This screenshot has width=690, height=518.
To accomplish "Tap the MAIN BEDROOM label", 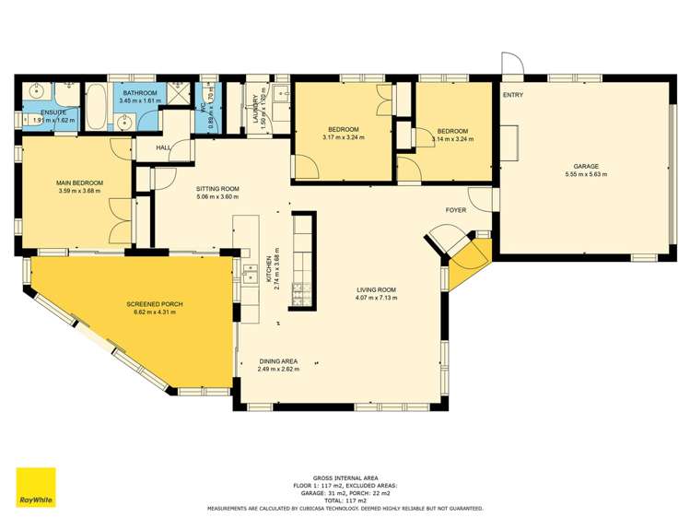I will point(78,183).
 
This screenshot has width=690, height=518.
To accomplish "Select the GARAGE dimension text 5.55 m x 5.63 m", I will point(586,173).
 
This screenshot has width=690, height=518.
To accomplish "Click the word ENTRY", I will point(513,95).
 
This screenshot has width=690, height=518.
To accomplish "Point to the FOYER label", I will point(455,210).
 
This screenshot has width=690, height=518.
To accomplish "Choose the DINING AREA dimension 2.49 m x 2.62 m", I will point(278,369).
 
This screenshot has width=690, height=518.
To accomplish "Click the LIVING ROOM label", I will point(378,289).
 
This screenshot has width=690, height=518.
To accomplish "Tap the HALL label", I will point(163,147).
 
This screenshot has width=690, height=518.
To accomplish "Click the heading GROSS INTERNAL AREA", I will point(345,477).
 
